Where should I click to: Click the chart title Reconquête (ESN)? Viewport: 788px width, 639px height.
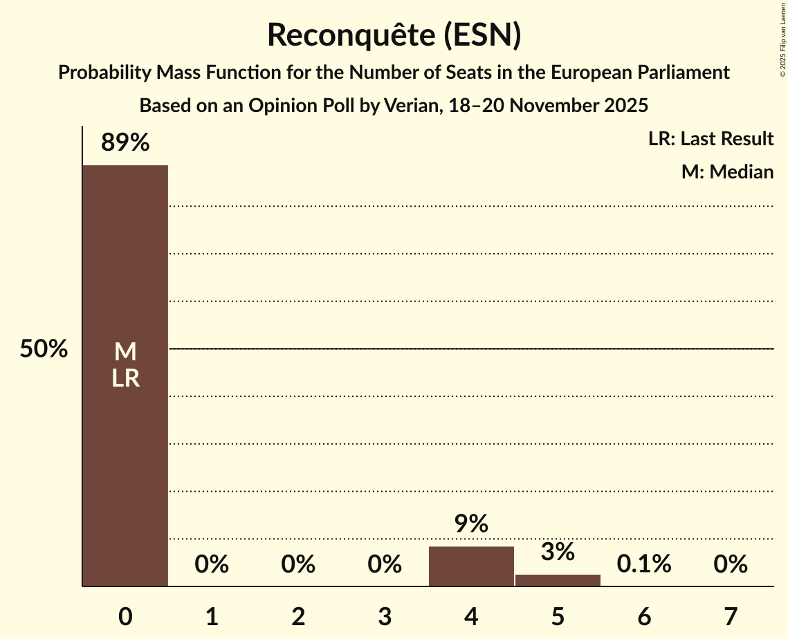(x=394, y=35)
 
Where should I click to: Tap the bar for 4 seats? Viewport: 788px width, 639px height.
(x=471, y=566)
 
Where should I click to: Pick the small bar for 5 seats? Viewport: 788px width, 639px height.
(x=558, y=580)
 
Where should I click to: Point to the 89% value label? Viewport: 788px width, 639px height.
(x=125, y=142)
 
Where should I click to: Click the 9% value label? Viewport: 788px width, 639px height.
(x=471, y=524)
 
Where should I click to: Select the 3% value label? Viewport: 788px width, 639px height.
(x=558, y=552)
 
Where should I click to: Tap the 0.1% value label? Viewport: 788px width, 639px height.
(x=644, y=564)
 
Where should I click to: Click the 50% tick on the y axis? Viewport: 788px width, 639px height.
(x=44, y=349)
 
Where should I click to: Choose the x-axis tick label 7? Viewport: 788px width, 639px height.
(x=731, y=616)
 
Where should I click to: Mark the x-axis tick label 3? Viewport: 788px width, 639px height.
(x=385, y=616)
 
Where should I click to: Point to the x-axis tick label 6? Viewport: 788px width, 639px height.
(x=644, y=616)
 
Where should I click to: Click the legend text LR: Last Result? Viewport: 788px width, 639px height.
(x=711, y=139)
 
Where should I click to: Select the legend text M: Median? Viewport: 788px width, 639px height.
(x=727, y=172)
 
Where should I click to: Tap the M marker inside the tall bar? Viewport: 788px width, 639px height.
(x=125, y=352)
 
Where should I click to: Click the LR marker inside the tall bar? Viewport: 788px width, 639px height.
(x=125, y=378)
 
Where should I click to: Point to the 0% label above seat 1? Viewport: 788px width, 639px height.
(x=212, y=564)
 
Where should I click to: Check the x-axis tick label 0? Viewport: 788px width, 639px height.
(x=125, y=616)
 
